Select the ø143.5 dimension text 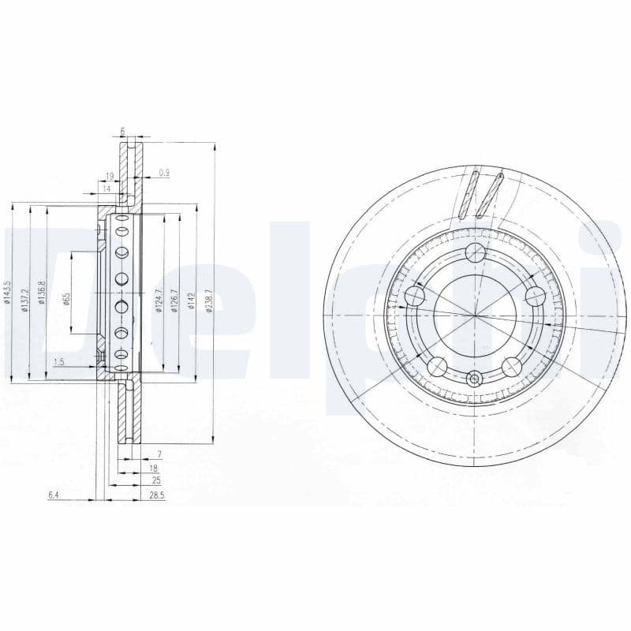[7, 292]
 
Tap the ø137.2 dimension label [24, 292]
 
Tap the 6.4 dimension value [54, 495]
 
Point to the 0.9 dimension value [164, 172]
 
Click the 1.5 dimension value [58, 362]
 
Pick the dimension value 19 [110, 176]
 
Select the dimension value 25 [156, 479]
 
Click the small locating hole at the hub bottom [474, 379]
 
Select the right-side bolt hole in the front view [536, 296]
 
